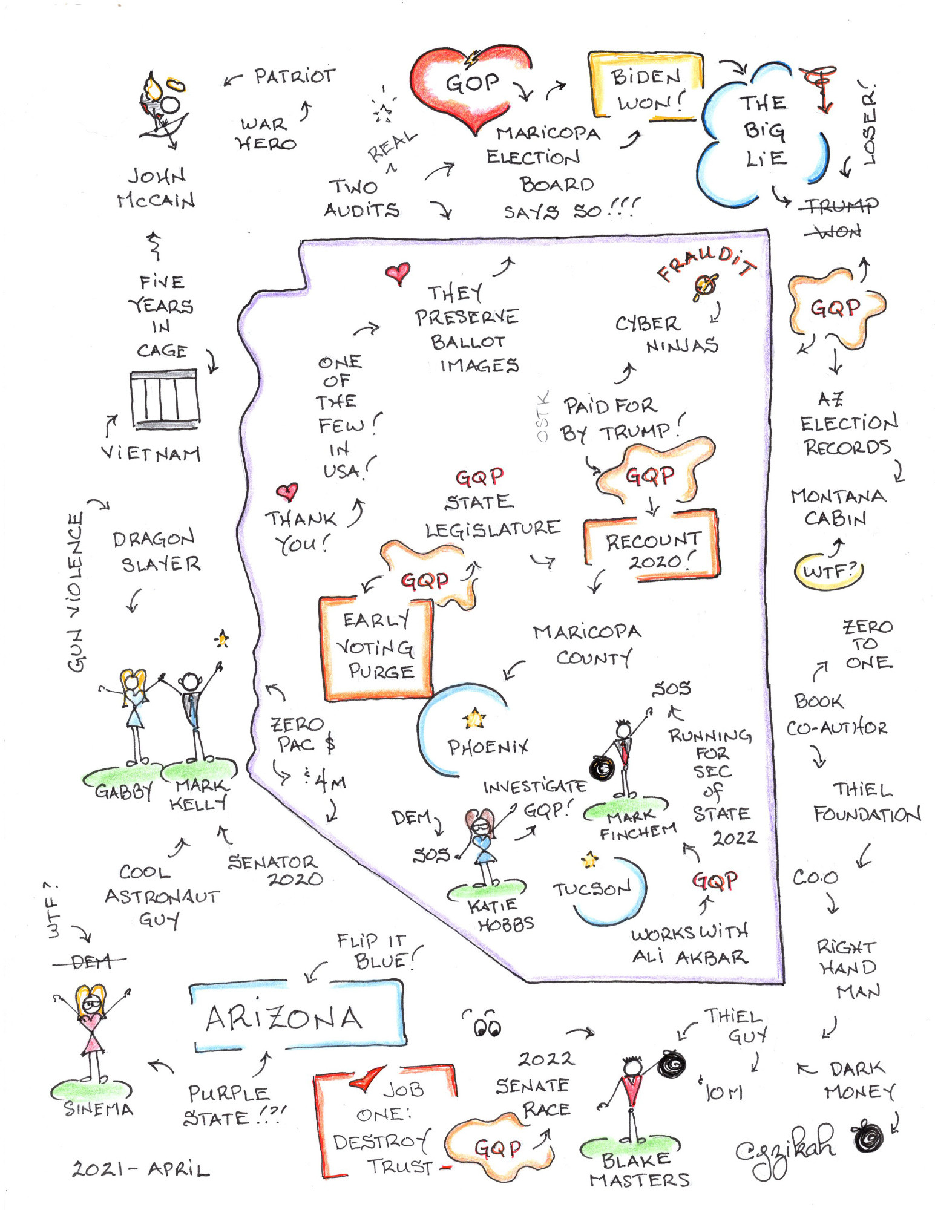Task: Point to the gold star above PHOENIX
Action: pos(474,719)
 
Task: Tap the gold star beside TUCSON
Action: pos(590,859)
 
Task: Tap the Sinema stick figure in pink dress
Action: pos(91,1035)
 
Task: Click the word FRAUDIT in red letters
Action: pos(706,263)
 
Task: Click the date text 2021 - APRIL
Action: pos(141,1168)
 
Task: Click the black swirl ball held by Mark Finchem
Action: pos(602,768)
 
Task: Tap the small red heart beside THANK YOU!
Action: pos(287,492)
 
